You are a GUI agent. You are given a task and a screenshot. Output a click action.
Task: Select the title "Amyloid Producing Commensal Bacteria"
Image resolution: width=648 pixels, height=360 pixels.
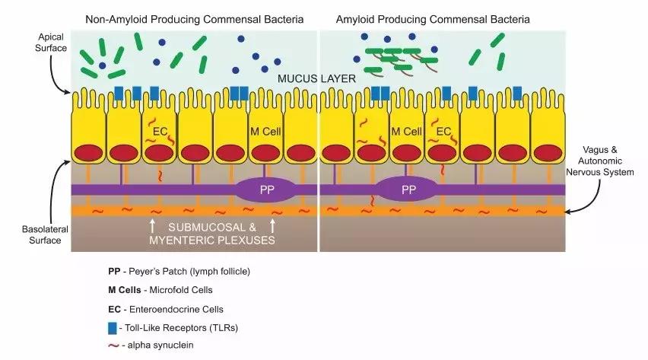[x=442, y=18]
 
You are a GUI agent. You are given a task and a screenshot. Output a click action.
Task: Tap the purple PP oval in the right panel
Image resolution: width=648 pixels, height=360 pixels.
[x=408, y=189]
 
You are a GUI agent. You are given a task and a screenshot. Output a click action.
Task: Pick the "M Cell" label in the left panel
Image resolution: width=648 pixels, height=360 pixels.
[x=266, y=131]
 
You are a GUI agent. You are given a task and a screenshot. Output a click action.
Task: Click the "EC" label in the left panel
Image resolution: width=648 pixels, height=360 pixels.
[x=160, y=131]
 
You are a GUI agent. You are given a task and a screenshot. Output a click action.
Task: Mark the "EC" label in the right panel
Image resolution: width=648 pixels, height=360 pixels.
[x=444, y=131]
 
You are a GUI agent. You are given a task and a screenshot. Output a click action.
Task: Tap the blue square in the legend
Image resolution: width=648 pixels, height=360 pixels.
[x=113, y=327]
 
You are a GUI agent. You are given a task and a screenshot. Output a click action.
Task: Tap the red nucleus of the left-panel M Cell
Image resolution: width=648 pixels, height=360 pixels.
[x=266, y=153]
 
